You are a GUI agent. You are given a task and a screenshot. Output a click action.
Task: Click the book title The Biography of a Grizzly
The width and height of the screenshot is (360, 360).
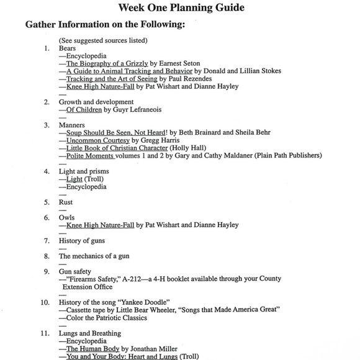(x=108, y=63)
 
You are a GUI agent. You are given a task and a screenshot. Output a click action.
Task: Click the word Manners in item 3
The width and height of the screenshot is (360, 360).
(x=71, y=125)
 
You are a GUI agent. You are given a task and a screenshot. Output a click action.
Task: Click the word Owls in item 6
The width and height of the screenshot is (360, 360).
(x=67, y=217)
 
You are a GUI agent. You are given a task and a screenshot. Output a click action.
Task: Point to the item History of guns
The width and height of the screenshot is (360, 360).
(x=82, y=240)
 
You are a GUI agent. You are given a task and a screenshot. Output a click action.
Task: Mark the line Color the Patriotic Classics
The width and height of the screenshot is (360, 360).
(x=106, y=318)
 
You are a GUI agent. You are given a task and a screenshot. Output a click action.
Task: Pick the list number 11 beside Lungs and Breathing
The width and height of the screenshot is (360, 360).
(x=45, y=333)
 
